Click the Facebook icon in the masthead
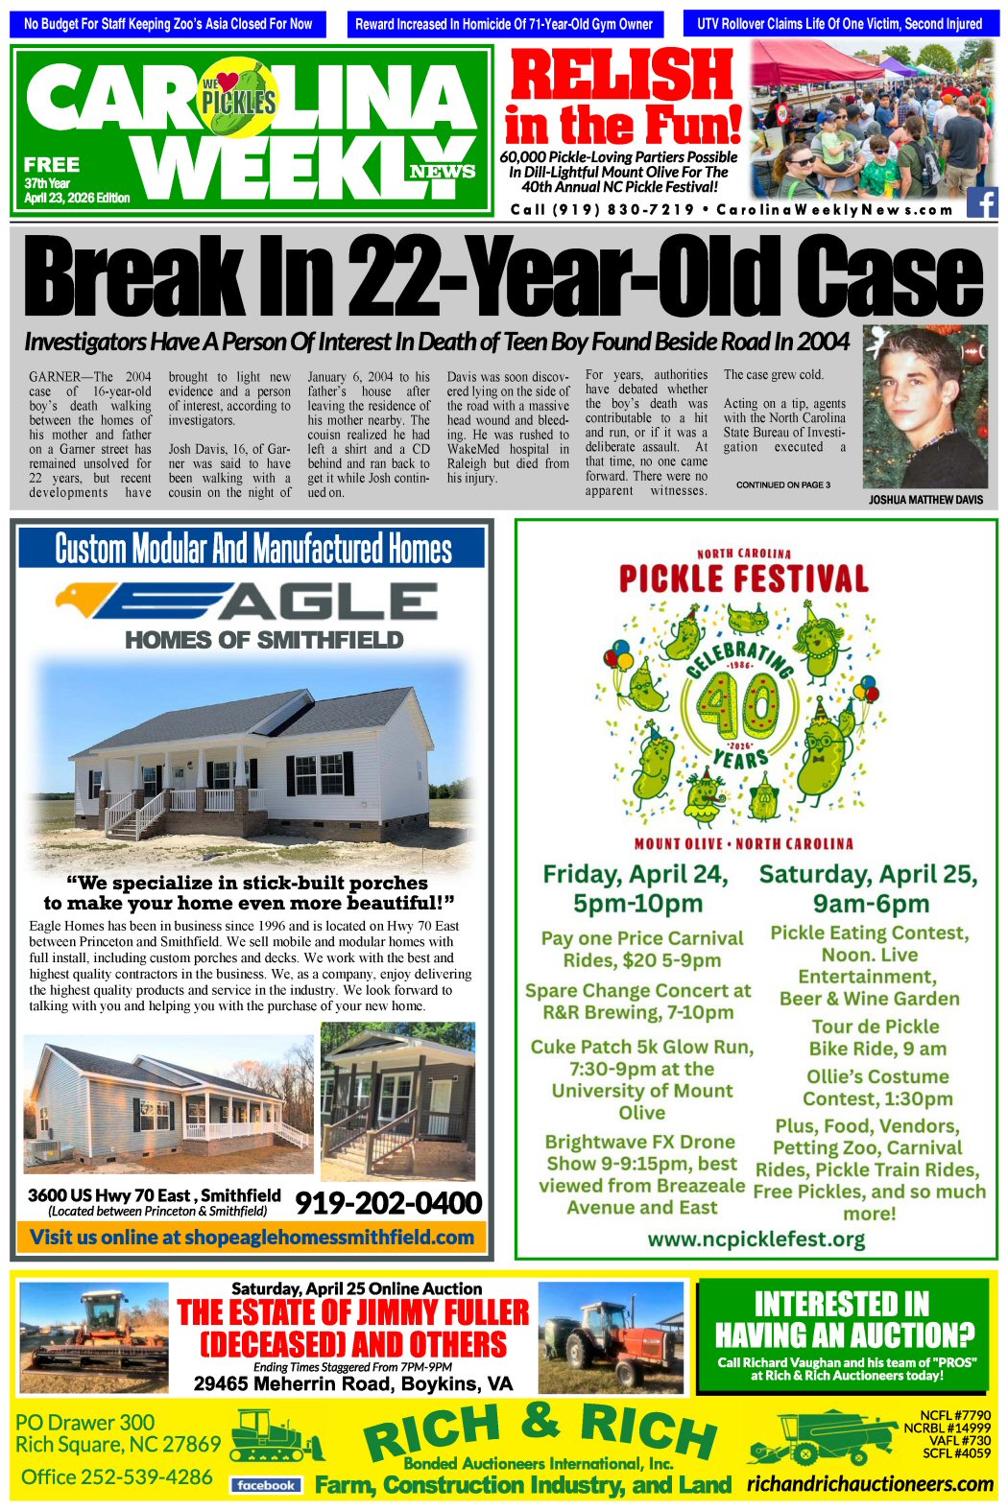pyautogui.click(x=981, y=202)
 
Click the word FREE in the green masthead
pyautogui.click(x=52, y=164)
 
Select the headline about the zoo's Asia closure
pyautogui.click(x=168, y=24)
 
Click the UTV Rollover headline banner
pyautogui.click(x=840, y=24)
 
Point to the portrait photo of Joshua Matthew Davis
pyautogui.click(x=924, y=408)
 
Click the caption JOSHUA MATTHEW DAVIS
pyautogui.click(x=925, y=500)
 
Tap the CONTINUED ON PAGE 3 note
pyautogui.click(x=782, y=485)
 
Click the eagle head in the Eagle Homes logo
pyautogui.click(x=77, y=600)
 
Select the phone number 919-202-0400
pyautogui.click(x=388, y=1203)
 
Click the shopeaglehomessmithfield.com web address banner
pyautogui.click(x=252, y=1237)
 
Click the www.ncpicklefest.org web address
pyautogui.click(x=756, y=1239)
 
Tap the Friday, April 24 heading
pyautogui.click(x=636, y=875)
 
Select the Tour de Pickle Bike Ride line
pyautogui.click(x=876, y=1037)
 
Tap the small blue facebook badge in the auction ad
pyautogui.click(x=266, y=1485)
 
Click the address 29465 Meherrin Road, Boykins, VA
pyautogui.click(x=353, y=1383)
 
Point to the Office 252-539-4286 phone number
pyautogui.click(x=117, y=1476)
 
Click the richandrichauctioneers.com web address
pyautogui.click(x=870, y=1484)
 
